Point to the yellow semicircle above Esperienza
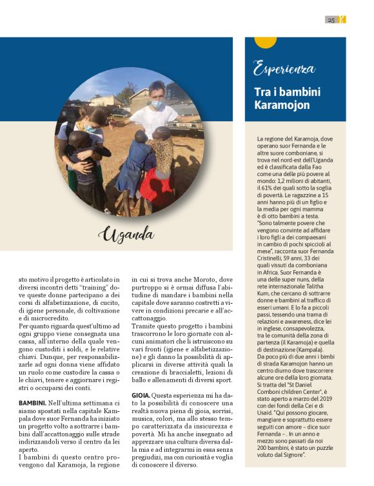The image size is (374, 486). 265,43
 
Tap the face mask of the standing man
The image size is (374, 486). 157,103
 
